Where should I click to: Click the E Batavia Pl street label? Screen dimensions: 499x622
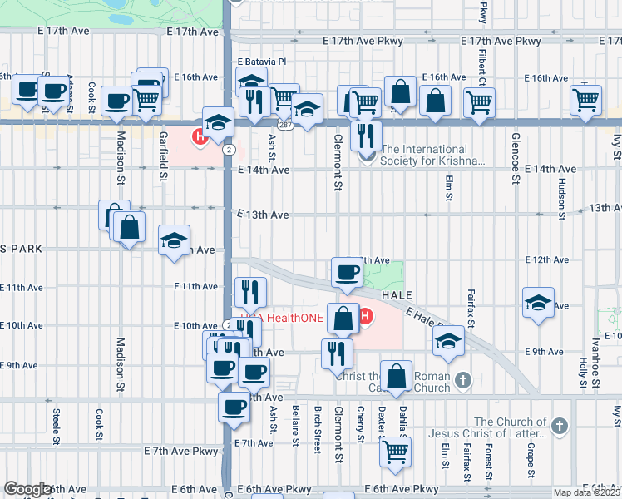pos(261,62)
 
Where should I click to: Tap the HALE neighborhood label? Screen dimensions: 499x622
pos(397,295)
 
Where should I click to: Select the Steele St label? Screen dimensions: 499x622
pos(57,424)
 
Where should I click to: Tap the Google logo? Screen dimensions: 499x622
pos(28,489)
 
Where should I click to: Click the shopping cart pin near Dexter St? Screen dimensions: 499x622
pos(396,452)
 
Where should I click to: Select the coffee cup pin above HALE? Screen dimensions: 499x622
pos(346,272)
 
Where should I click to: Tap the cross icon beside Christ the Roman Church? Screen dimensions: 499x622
pos(464,381)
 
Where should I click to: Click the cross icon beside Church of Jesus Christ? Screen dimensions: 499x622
pos(560,427)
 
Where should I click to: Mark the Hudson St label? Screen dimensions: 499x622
pos(562,200)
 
